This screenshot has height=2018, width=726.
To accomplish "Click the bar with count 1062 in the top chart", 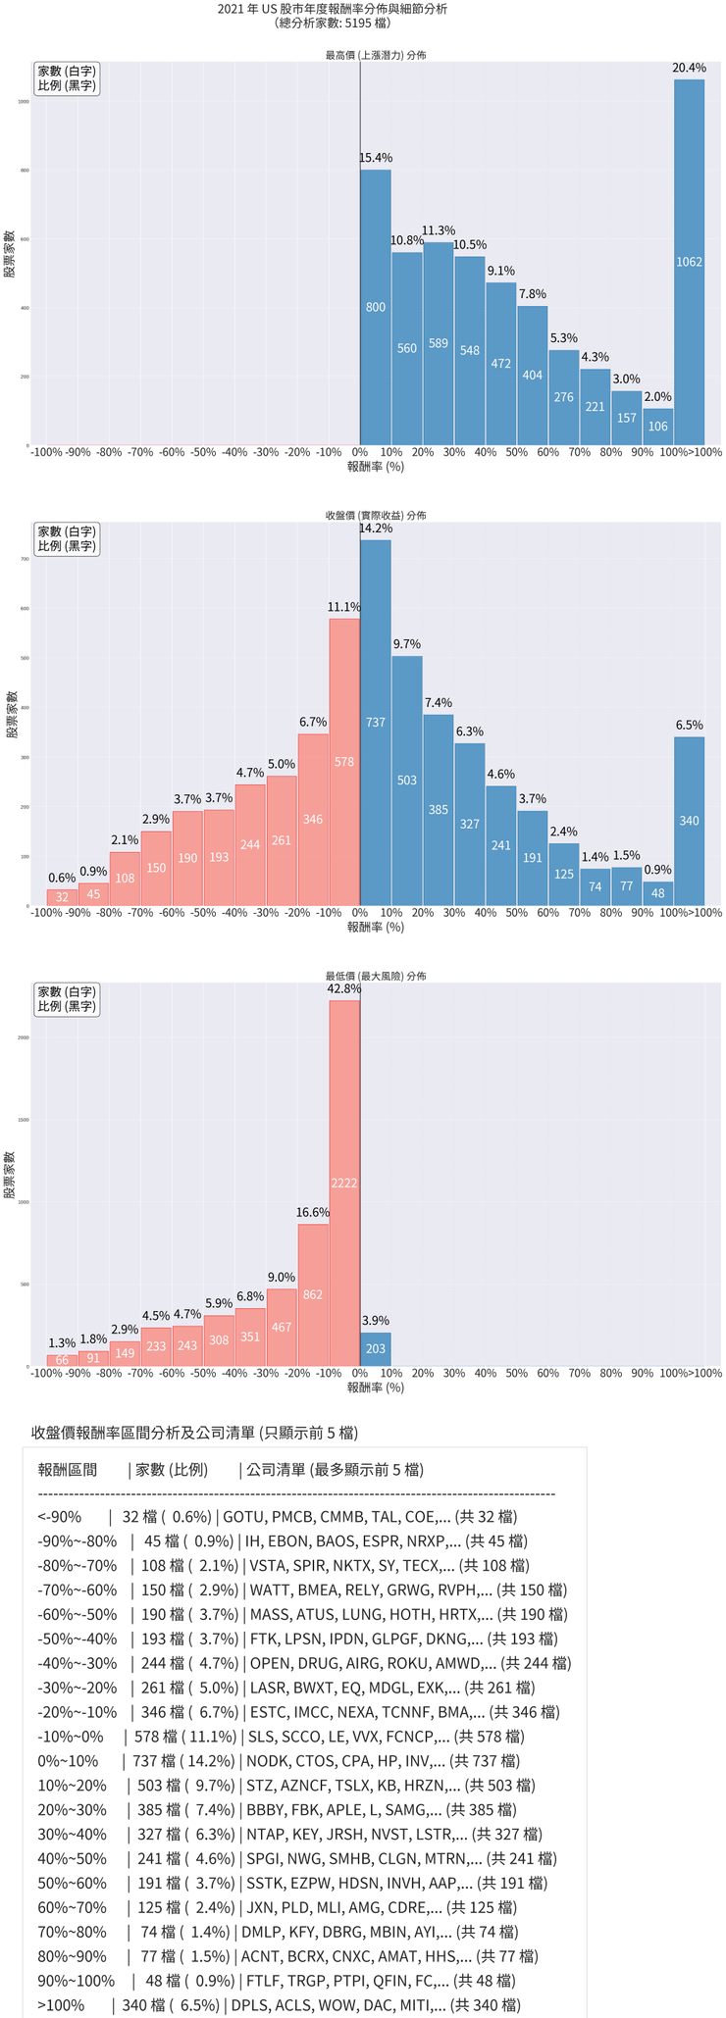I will (689, 262).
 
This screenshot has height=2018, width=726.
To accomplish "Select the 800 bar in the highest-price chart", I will (375, 307).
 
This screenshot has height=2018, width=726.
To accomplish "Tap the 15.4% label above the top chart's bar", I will (375, 157).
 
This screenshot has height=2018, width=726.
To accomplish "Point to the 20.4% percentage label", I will (689, 68).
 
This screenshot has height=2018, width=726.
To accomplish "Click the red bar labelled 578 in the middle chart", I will (343, 761).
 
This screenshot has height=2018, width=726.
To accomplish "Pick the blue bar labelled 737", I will (375, 722).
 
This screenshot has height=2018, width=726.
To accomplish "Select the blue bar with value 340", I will (689, 820).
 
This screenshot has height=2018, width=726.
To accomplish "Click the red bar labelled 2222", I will (343, 1183).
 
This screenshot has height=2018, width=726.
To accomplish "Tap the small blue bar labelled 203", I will (375, 1348).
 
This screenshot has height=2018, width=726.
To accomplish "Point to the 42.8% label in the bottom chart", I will (343, 989).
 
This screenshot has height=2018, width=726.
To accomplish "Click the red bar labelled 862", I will (312, 1294).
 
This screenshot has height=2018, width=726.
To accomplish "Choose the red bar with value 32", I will (62, 897).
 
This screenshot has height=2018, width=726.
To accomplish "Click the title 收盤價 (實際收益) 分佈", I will (376, 515).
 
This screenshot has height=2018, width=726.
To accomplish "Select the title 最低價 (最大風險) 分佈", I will (376, 976).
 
